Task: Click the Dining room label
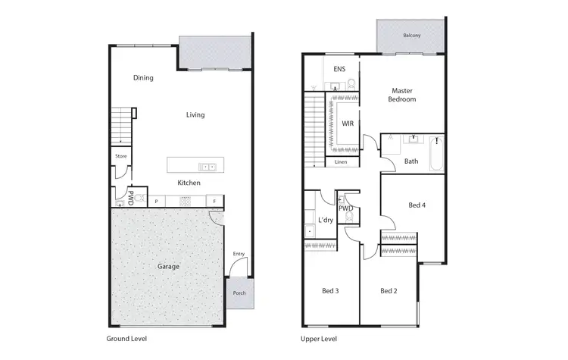click(143, 77)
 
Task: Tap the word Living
click(195, 115)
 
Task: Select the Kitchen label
click(189, 183)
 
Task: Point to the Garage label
click(168, 267)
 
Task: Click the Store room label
click(120, 156)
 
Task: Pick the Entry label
click(239, 254)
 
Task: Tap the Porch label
click(239, 294)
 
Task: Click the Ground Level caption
click(126, 339)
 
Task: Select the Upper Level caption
click(319, 339)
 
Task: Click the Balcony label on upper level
click(412, 36)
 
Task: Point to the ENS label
click(339, 70)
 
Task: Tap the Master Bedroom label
click(402, 95)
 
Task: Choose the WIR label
click(348, 123)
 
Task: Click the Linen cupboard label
click(341, 162)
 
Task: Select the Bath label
click(411, 161)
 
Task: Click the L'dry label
click(326, 220)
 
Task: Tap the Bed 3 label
click(329, 290)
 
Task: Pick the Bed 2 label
click(389, 290)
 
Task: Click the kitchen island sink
click(207, 166)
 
